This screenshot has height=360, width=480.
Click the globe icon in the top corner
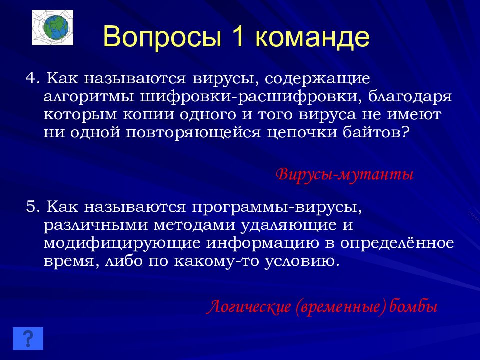(x=52, y=28)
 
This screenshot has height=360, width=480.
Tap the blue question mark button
(x=28, y=338)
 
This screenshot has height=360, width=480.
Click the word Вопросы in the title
(x=162, y=37)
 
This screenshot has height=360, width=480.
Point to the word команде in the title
(x=312, y=37)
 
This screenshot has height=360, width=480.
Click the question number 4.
(x=31, y=79)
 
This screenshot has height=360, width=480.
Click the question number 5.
(x=31, y=207)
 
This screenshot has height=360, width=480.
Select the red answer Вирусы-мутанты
(x=345, y=175)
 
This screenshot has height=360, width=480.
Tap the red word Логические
(x=249, y=306)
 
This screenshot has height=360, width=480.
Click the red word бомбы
(x=413, y=306)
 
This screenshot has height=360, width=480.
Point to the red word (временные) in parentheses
(x=340, y=307)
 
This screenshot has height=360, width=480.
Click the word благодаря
(x=410, y=97)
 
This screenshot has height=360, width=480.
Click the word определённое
(x=397, y=243)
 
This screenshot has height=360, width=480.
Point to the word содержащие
(x=317, y=79)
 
